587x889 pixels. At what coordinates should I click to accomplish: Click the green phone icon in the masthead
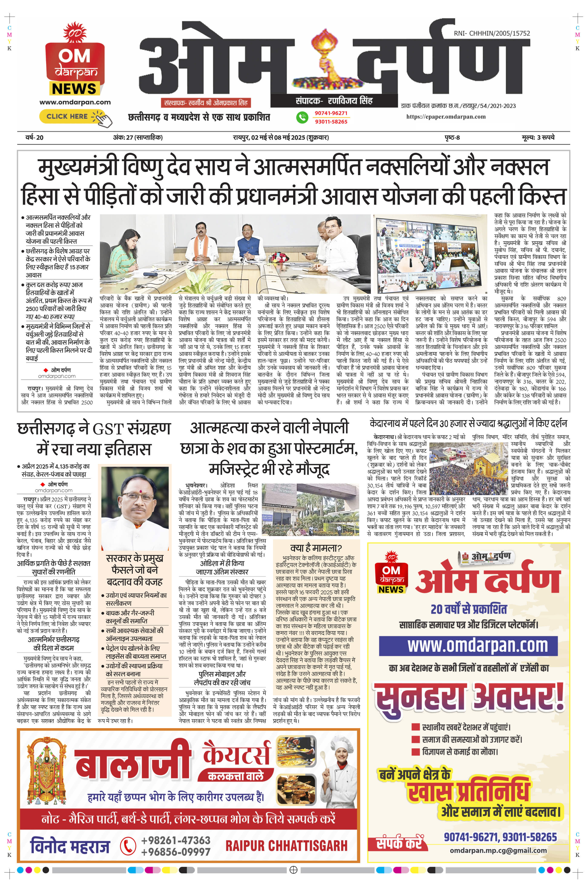click(302, 117)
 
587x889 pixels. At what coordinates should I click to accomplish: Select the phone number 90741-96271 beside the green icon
click(331, 113)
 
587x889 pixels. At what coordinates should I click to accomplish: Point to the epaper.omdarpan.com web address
click(446, 117)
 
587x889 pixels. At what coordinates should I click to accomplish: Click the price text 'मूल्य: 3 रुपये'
click(538, 137)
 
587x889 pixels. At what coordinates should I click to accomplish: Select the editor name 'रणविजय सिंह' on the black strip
click(350, 101)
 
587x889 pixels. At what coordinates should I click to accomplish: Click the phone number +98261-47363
click(176, 840)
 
